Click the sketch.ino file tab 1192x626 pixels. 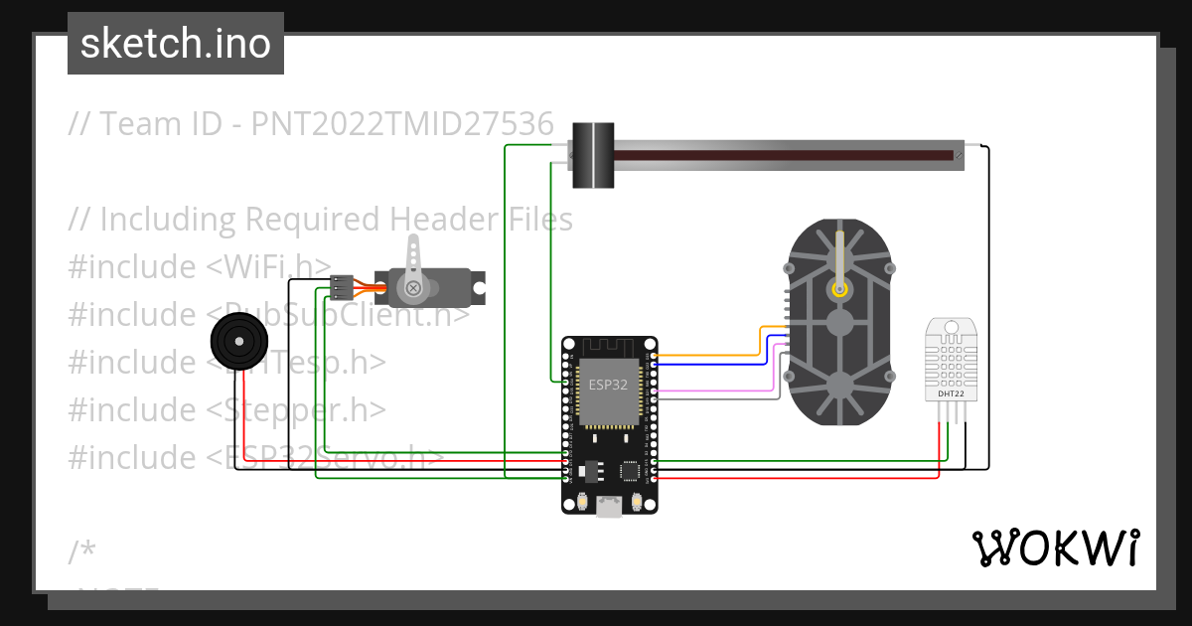pyautogui.click(x=175, y=44)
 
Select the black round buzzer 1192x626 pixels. pyautogui.click(x=238, y=342)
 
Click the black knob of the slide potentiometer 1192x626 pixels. pyautogui.click(x=594, y=154)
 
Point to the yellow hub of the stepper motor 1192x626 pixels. pyautogui.click(x=840, y=289)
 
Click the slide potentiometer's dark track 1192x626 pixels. pyautogui.click(x=785, y=156)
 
